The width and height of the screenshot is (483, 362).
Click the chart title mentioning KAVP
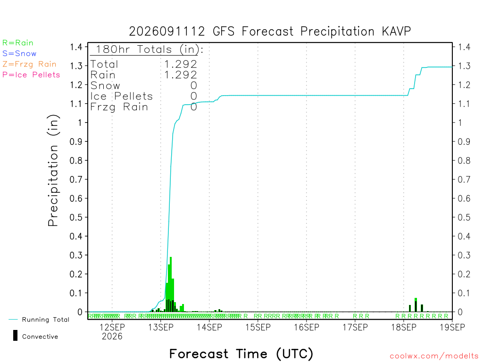tap(270, 32)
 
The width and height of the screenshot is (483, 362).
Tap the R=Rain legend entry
tap(18, 43)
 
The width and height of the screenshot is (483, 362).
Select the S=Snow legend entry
tap(19, 54)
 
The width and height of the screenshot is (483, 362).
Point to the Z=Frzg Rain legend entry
tap(30, 64)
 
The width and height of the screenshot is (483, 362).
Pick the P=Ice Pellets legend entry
tap(31, 75)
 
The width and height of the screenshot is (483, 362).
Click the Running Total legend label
tap(46, 320)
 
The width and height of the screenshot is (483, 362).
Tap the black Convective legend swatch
tap(15, 336)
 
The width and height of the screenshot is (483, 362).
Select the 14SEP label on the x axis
tap(209, 327)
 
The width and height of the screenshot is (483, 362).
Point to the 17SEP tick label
tap(355, 327)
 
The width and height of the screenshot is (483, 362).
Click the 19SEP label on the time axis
tap(452, 327)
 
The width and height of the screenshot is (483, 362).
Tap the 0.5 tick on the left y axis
tap(76, 217)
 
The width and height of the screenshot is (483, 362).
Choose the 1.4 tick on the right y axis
tap(464, 47)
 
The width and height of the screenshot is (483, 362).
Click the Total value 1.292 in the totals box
tap(181, 64)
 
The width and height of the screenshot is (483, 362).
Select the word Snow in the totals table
tap(105, 86)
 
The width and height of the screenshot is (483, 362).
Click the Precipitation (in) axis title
tap(53, 171)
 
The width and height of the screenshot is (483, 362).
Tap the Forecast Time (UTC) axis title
tap(241, 354)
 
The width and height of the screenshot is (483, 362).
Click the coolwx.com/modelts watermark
tap(434, 356)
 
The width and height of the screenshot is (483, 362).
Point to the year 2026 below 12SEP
tap(112, 337)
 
